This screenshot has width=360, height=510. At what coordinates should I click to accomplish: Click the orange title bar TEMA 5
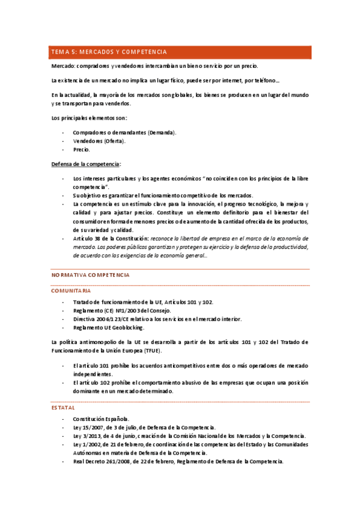click(x=180, y=52)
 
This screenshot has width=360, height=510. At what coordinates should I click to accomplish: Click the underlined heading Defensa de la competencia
click(x=85, y=164)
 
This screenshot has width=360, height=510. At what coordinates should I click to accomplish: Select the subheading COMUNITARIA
click(x=71, y=290)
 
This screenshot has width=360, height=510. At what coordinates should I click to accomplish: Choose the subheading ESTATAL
click(x=63, y=407)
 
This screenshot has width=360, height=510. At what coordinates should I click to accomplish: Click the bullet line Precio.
click(x=81, y=149)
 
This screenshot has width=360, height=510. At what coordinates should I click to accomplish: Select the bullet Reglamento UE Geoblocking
click(x=108, y=327)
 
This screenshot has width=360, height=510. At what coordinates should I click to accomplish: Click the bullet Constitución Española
click(x=101, y=419)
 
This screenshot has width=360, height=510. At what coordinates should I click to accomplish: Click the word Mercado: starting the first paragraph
click(x=63, y=66)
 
